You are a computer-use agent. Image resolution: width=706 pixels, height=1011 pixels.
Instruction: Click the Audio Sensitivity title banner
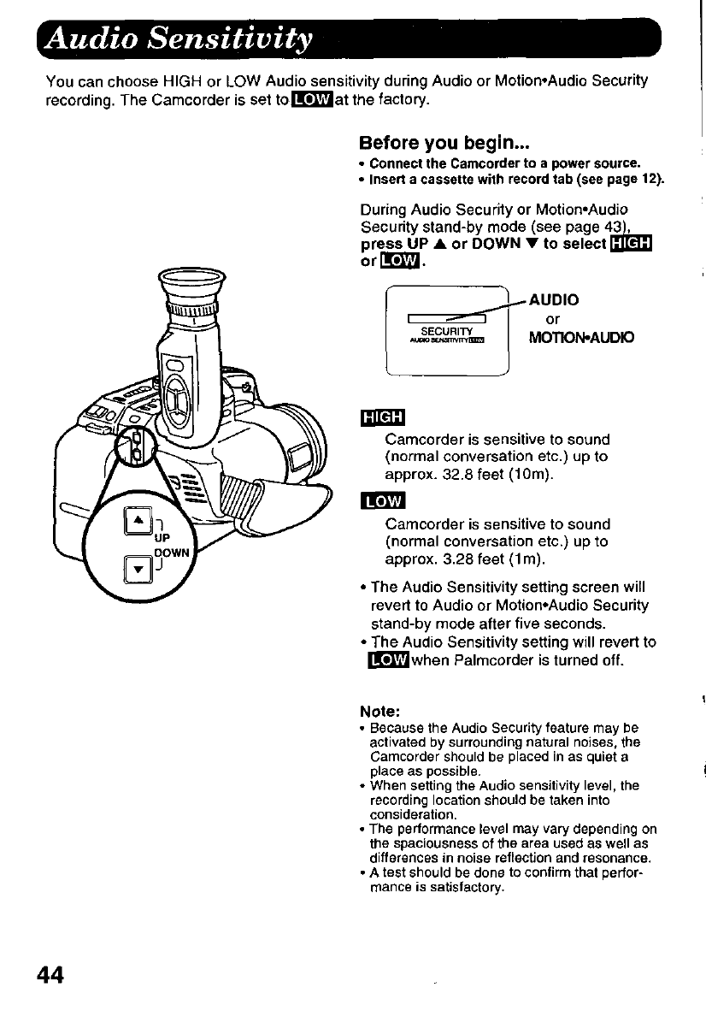(x=179, y=38)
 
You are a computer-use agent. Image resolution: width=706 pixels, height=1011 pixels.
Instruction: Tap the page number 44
(x=54, y=974)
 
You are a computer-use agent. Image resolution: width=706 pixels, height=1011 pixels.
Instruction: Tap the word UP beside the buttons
(x=162, y=540)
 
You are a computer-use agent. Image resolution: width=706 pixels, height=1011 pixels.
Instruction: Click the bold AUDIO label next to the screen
(x=554, y=300)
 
